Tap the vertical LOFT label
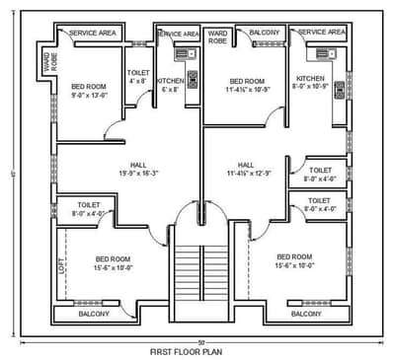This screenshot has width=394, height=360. click(x=62, y=264)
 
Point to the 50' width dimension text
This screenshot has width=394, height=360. click(x=199, y=341)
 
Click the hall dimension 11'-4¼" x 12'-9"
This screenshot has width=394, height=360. click(x=246, y=174)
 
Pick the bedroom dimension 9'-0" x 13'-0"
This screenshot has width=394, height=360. click(x=88, y=97)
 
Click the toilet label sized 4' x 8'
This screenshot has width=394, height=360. click(x=138, y=77)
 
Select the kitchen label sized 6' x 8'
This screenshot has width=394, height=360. click(x=171, y=85)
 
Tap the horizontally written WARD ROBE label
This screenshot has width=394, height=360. click(x=217, y=36)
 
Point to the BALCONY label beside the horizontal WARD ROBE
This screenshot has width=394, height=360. click(x=264, y=33)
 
